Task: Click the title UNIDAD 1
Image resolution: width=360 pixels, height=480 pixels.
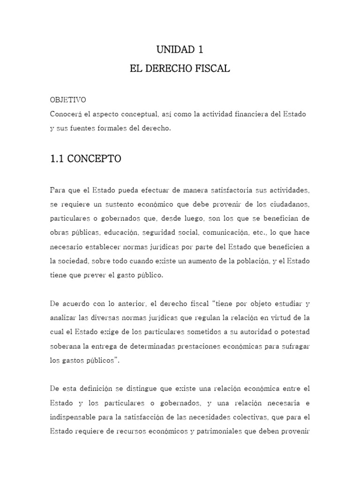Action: pos(180,50)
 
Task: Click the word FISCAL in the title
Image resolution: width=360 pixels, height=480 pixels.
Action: pos(210,69)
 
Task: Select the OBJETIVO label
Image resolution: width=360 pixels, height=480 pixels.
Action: pos(67,100)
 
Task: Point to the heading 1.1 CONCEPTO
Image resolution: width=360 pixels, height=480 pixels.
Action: pos(85,159)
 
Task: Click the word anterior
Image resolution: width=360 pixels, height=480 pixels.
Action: pos(128,303)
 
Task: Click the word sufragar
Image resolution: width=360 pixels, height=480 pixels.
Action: pos(294,346)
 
